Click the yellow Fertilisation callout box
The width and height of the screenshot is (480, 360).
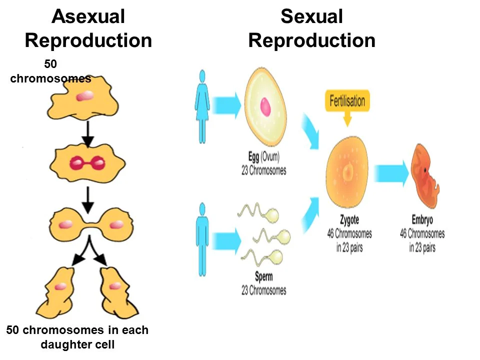point(347,101)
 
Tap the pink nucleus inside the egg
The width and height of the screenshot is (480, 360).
point(265,106)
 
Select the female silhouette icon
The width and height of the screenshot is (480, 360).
point(202,106)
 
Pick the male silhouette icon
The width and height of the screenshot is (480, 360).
point(202,239)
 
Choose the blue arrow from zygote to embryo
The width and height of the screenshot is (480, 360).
point(391,173)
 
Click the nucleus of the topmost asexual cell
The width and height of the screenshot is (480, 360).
point(83,95)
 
